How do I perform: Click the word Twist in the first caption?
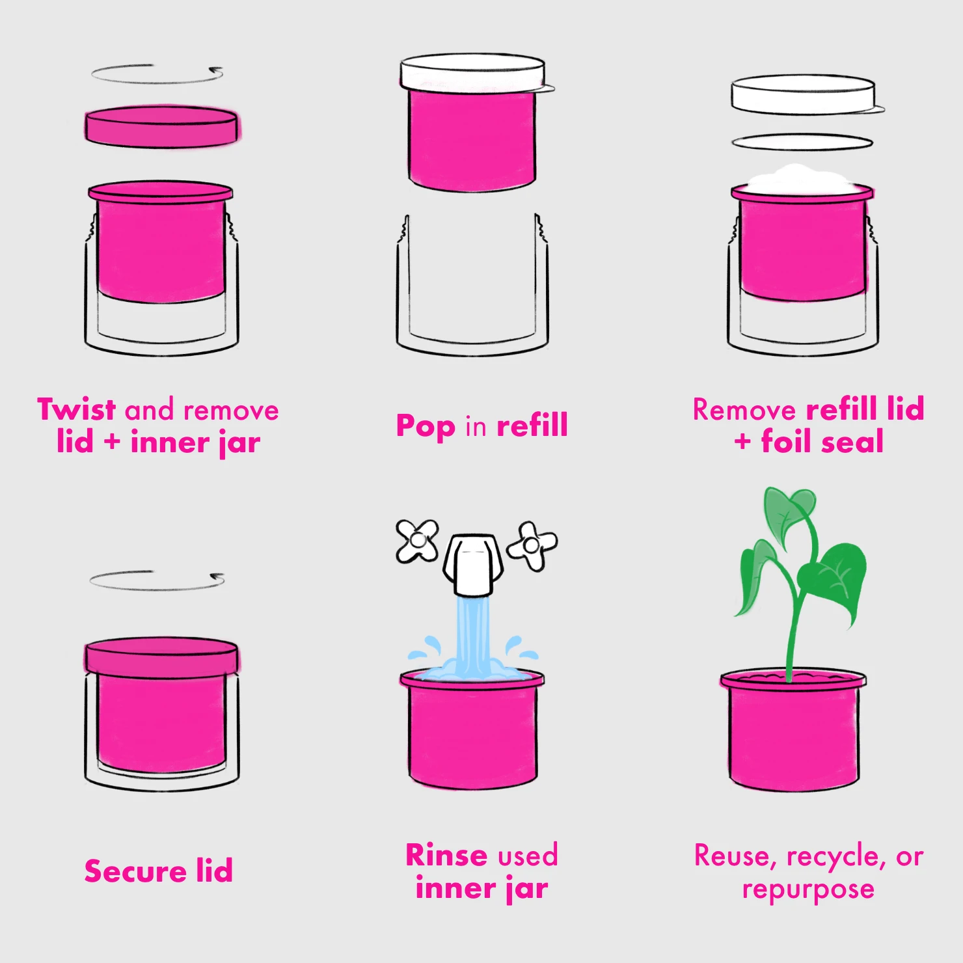coord(76,410)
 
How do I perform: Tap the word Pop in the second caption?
coord(426,427)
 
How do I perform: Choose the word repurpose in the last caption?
coord(808,889)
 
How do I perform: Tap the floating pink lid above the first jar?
coord(161,126)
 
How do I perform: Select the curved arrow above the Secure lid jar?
coord(157,581)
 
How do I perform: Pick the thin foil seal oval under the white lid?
coord(802,142)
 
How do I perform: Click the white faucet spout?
coord(473,564)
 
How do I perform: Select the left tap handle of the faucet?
coord(417,541)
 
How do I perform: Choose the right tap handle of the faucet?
coord(532,546)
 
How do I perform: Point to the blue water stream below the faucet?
coord(472,634)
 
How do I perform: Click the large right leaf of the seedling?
coord(835,579)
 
